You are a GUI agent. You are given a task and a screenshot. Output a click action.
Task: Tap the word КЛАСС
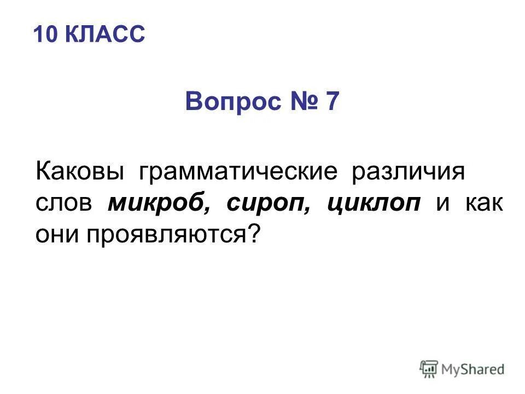(x=105, y=34)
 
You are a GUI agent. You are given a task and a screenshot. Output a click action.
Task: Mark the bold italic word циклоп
(x=374, y=204)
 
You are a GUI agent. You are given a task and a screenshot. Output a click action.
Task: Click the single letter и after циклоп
(x=443, y=204)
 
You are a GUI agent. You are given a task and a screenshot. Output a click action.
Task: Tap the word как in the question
(x=485, y=204)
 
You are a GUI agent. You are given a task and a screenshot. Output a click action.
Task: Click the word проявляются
(x=164, y=235)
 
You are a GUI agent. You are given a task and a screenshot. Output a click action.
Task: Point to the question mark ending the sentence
(x=253, y=234)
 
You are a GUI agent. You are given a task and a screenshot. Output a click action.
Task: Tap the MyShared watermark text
(x=474, y=369)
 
